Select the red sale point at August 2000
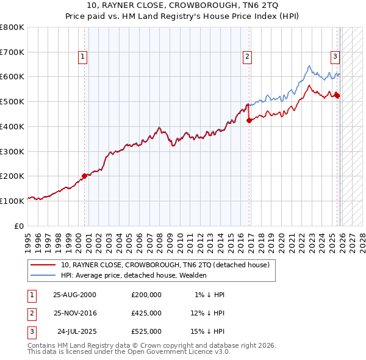tap(85, 176)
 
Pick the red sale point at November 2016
tap(249, 120)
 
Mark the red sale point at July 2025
tap(337, 95)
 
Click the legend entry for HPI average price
tap(134, 275)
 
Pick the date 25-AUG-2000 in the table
tap(75, 295)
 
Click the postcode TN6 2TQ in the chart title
tap(257, 5)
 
